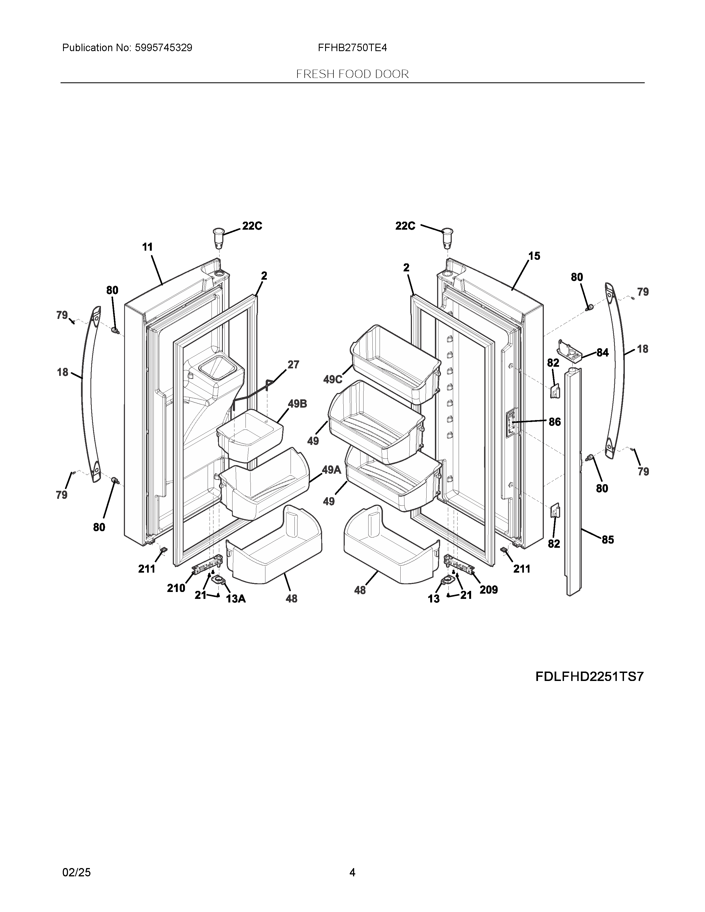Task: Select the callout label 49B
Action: coord(297,404)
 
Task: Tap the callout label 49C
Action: coord(333,379)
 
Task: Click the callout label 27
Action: coord(293,365)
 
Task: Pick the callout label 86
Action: coord(555,422)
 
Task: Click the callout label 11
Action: coord(147,247)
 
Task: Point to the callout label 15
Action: coord(534,256)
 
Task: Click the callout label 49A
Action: coord(331,470)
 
